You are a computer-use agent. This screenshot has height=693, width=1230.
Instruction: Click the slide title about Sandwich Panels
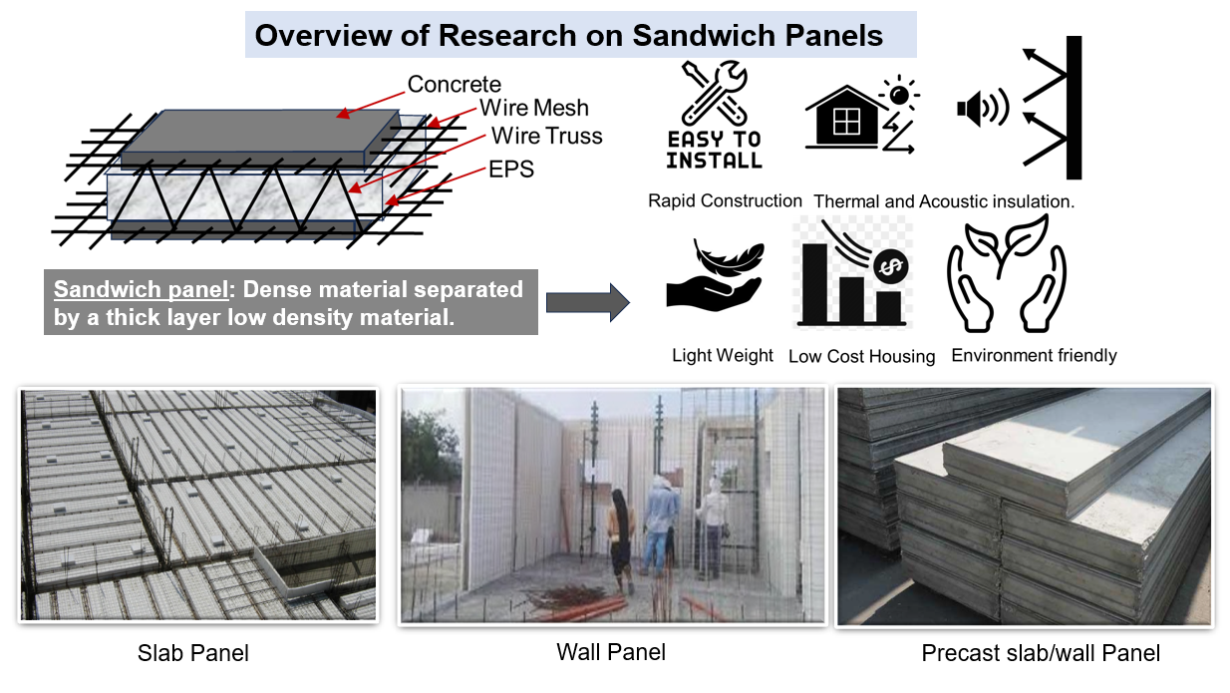[x=569, y=36]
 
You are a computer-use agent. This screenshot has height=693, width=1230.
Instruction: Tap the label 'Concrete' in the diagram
[x=455, y=85]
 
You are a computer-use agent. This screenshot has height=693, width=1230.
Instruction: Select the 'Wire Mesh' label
[x=533, y=108]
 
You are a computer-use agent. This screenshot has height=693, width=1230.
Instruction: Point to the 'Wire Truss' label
[x=546, y=136]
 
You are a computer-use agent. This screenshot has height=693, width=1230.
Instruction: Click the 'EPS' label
[x=511, y=170]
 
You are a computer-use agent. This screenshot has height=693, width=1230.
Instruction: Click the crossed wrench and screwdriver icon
[x=714, y=94]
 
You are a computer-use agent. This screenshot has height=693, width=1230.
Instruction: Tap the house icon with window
[x=845, y=117]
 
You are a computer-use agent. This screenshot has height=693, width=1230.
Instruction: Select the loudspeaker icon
[x=983, y=108]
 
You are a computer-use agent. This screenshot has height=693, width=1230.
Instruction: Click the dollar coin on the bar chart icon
[x=891, y=267]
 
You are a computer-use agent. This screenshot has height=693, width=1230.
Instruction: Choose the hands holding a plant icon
[x=1007, y=273]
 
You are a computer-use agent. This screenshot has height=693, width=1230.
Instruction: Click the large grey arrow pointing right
[x=587, y=302]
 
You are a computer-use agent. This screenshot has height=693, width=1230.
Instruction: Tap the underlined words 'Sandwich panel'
[x=142, y=289]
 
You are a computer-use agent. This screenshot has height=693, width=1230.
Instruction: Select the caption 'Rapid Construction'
[x=725, y=201]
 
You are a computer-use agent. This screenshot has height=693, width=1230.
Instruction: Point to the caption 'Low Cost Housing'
[x=861, y=356]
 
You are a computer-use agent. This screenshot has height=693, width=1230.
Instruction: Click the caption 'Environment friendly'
[x=1034, y=355]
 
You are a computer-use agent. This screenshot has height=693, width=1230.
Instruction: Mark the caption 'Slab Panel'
[x=192, y=653]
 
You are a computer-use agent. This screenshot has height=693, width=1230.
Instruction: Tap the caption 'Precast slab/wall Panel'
[x=1041, y=653]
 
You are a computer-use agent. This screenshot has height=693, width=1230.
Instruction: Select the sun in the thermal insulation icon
[x=899, y=95]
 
